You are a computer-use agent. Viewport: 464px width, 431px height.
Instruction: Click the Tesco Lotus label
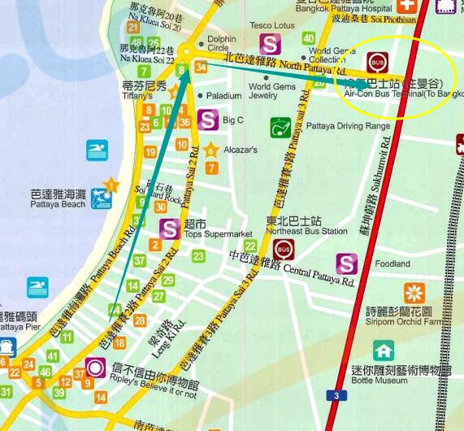[x=273, y=25]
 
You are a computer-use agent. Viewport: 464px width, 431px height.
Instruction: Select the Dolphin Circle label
[x=222, y=43]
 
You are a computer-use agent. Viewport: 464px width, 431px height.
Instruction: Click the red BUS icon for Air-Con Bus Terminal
[x=377, y=63]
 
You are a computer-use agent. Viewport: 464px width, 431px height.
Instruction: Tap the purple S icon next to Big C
[x=208, y=120]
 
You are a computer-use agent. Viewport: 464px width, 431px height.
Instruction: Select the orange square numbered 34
[x=201, y=67]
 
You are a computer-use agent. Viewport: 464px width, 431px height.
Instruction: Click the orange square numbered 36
[x=184, y=123]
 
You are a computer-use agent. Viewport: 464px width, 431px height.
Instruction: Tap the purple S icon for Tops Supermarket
[x=170, y=229]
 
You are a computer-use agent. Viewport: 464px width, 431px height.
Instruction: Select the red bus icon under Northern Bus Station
[x=284, y=250]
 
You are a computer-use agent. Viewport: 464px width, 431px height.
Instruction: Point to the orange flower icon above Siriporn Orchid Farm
[x=414, y=294]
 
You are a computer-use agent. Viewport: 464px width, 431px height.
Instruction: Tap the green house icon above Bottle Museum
[x=384, y=350]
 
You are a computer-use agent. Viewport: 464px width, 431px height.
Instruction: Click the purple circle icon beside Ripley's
[x=95, y=368]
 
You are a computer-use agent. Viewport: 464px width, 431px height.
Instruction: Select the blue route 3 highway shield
[x=335, y=395]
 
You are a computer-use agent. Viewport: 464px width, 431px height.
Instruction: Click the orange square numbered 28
[x=140, y=321]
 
